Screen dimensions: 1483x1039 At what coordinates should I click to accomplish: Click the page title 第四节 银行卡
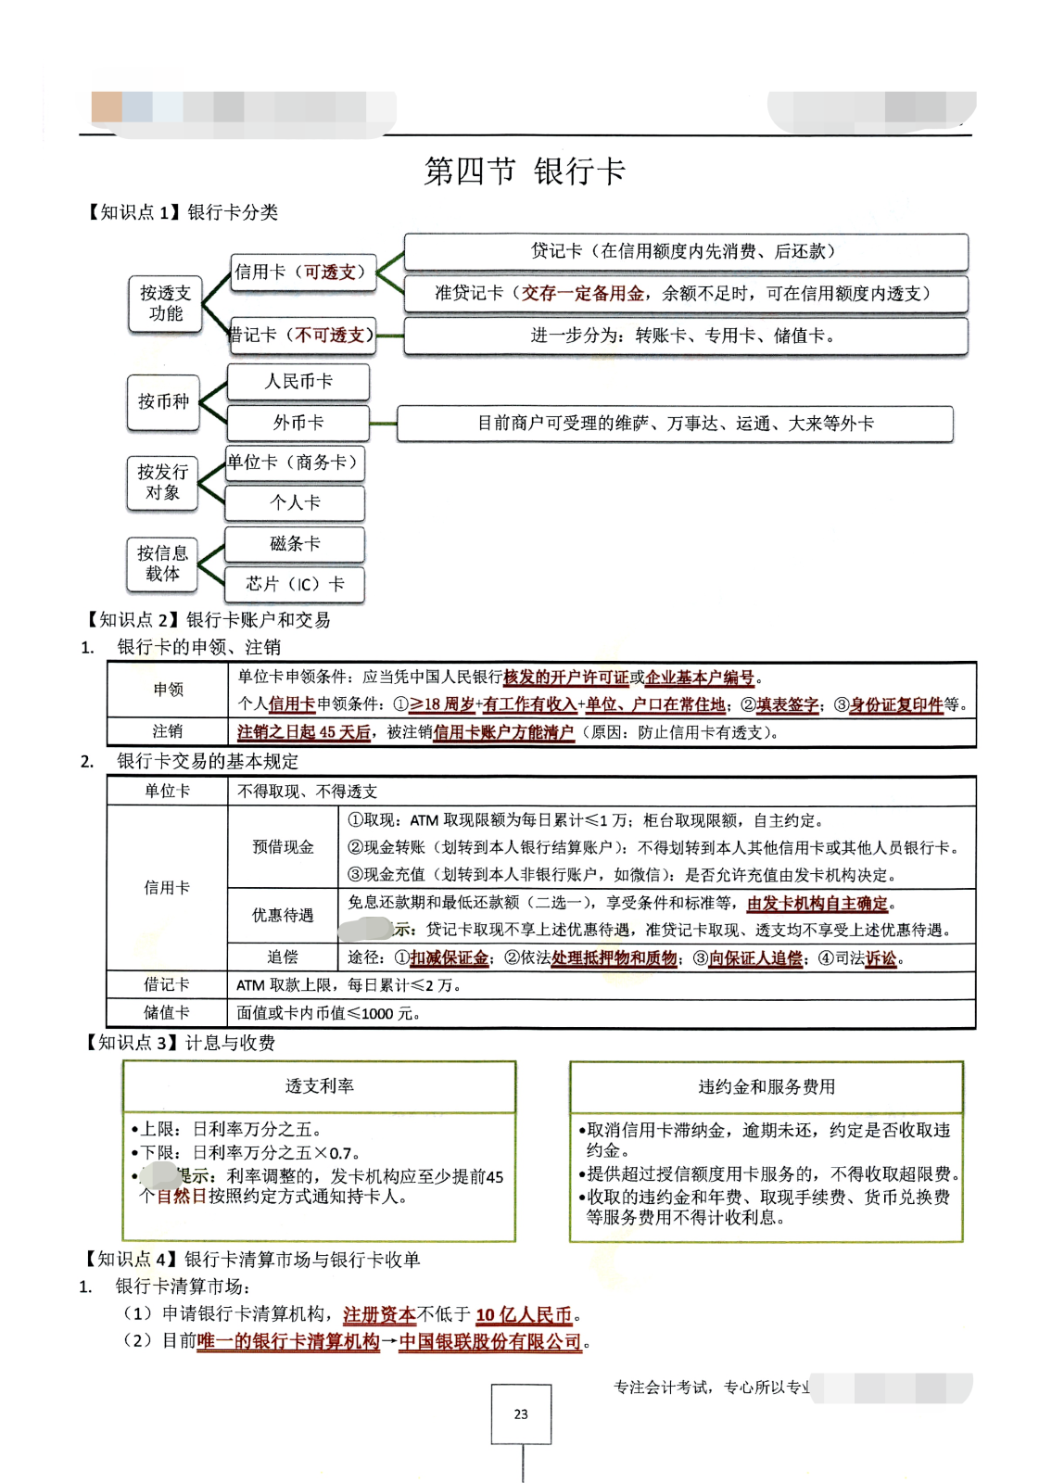pyautogui.click(x=525, y=171)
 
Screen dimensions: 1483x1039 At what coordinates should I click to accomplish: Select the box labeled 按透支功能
pyautogui.click(x=165, y=304)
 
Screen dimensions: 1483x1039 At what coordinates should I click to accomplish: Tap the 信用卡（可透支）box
pyautogui.click(x=303, y=273)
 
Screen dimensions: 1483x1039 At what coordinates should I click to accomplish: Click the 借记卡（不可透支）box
pyautogui.click(x=302, y=336)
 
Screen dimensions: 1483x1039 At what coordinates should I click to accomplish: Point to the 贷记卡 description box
pyautogui.click(x=685, y=251)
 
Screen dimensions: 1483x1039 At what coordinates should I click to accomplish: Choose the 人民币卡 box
pyautogui.click(x=298, y=382)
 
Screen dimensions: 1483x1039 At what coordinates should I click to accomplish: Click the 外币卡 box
pyautogui.click(x=298, y=424)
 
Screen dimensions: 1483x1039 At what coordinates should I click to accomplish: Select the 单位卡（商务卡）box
pyautogui.click(x=294, y=463)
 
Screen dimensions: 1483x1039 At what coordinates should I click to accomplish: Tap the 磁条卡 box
pyautogui.click(x=295, y=544)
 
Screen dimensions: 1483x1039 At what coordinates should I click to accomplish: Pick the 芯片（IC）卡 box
pyautogui.click(x=295, y=584)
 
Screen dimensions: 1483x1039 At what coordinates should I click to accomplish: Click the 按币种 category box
pyautogui.click(x=163, y=402)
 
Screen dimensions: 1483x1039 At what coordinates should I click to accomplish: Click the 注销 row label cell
pyautogui.click(x=168, y=731)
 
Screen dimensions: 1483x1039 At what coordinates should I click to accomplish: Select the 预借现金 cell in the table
pyautogui.click(x=283, y=847)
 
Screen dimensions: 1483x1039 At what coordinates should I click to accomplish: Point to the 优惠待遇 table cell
pyautogui.click(x=283, y=916)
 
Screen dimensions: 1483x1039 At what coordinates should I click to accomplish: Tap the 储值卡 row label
pyautogui.click(x=167, y=1013)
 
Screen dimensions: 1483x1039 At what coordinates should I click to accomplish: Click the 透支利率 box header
pyautogui.click(x=319, y=1086)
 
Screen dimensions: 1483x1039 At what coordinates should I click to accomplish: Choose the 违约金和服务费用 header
pyautogui.click(x=767, y=1086)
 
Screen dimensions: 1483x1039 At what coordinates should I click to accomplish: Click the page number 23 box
pyautogui.click(x=521, y=1414)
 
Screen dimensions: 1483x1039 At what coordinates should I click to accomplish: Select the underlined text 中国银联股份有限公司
pyautogui.click(x=490, y=1342)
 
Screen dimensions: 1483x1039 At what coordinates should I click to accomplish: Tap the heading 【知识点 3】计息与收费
pyautogui.click(x=181, y=1044)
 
